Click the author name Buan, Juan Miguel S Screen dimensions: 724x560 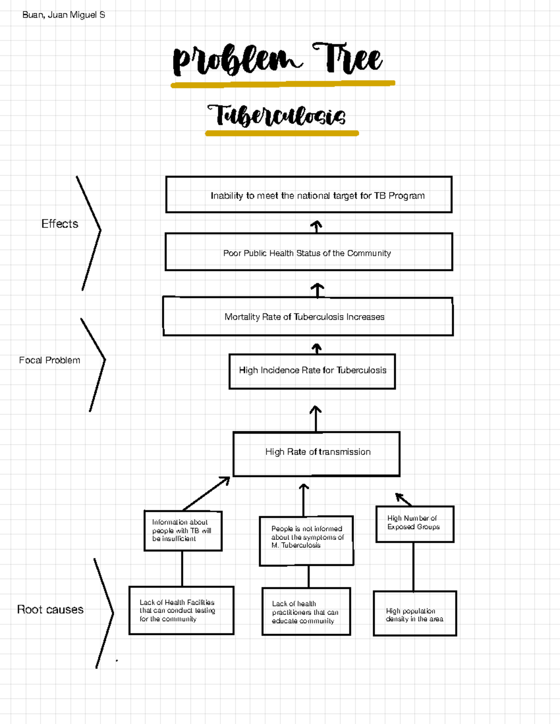[x=63, y=15]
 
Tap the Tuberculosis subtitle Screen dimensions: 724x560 [x=276, y=116]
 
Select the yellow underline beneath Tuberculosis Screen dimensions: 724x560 [x=282, y=134]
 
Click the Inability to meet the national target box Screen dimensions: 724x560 [x=309, y=195]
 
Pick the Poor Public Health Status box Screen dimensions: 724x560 [x=309, y=252]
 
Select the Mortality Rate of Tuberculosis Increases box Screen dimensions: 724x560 [x=308, y=317]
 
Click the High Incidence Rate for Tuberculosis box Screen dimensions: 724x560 [x=312, y=371]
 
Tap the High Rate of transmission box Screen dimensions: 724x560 [x=317, y=454]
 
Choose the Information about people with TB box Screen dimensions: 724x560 [x=183, y=531]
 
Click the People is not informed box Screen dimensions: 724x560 [x=307, y=540]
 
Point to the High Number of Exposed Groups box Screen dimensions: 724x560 [x=414, y=524]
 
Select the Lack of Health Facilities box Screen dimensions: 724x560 [x=181, y=610]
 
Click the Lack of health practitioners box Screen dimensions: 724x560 [x=306, y=612]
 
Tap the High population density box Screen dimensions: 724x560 [x=414, y=614]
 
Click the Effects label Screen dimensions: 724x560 [x=60, y=224]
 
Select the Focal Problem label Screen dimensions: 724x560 [x=49, y=360]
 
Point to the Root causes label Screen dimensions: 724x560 [x=50, y=610]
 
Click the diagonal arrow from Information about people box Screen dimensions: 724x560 [x=206, y=494]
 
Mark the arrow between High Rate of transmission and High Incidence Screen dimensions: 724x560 [x=316, y=418]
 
